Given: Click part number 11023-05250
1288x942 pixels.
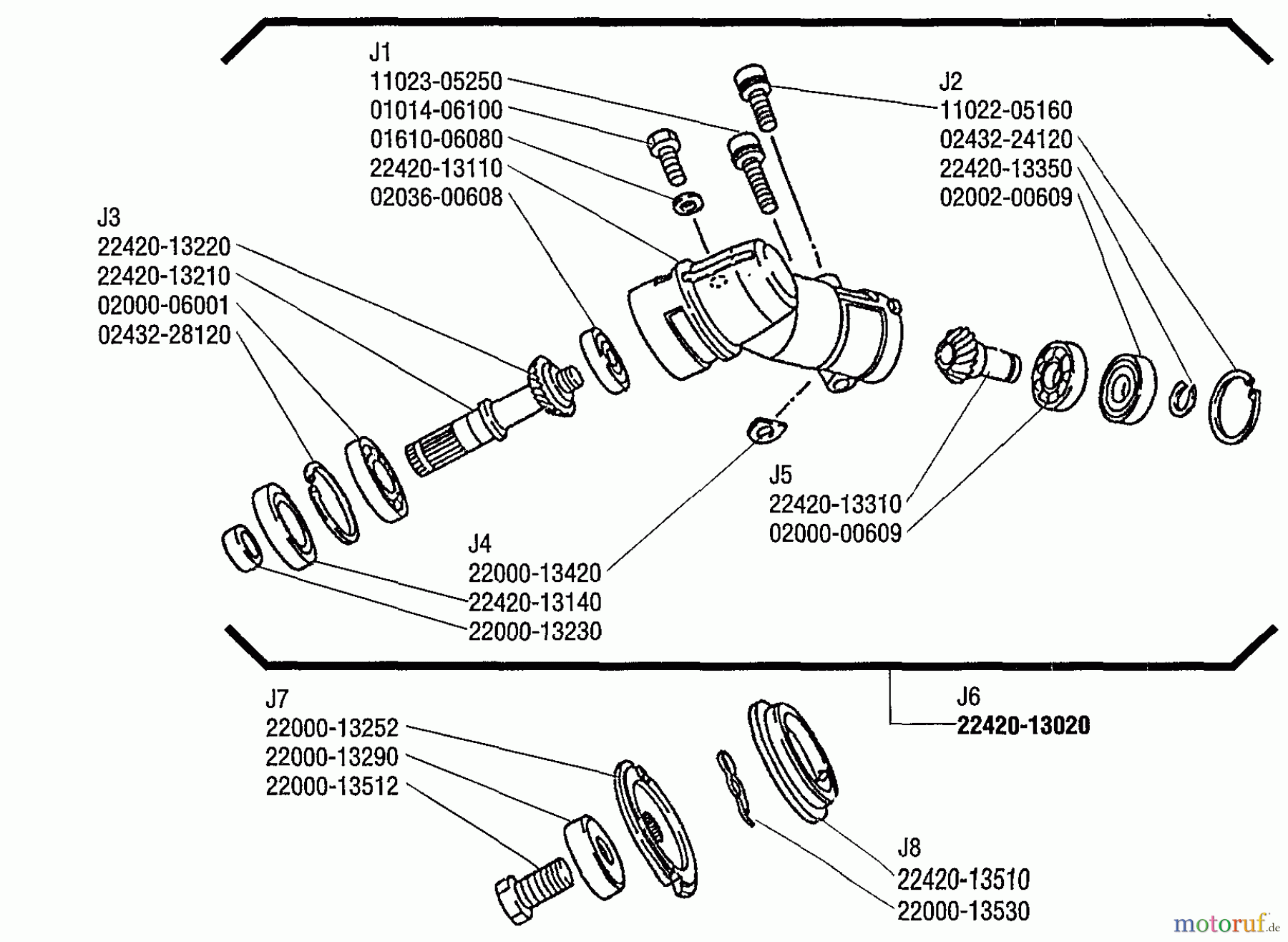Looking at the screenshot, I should click(x=436, y=82).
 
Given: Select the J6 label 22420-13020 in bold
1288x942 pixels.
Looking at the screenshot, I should click(x=1023, y=726).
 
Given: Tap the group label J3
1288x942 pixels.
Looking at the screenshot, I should click(x=109, y=218).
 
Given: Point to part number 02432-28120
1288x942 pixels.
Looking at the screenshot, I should click(x=164, y=335).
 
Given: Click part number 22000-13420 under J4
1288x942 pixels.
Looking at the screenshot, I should click(x=535, y=573).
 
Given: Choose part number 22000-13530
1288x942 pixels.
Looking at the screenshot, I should click(x=963, y=912).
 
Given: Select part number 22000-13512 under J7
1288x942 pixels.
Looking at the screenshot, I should click(x=332, y=787).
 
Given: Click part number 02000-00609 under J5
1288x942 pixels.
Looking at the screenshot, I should click(x=835, y=534).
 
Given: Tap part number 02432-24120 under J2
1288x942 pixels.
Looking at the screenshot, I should click(x=1005, y=140).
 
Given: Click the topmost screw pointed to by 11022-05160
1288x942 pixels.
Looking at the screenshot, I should click(x=756, y=97).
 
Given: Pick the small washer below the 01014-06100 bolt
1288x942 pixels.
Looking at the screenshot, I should click(x=688, y=203).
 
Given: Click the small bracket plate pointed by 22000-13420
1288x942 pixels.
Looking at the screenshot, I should click(x=766, y=431).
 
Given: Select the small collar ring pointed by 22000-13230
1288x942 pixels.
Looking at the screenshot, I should click(x=242, y=548).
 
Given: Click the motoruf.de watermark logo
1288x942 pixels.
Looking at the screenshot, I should click(x=1225, y=924).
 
